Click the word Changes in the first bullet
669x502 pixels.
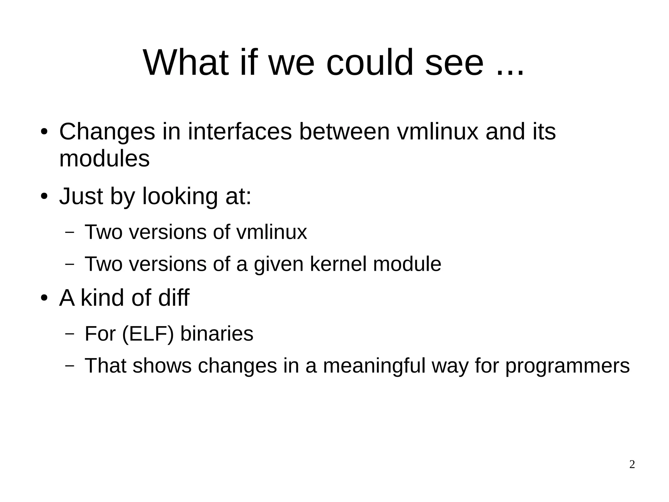click(107, 132)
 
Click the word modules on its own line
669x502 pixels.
click(104, 159)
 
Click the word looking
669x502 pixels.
click(180, 197)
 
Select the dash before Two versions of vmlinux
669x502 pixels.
click(70, 232)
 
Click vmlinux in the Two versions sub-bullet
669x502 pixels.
click(271, 232)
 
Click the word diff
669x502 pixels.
click(173, 298)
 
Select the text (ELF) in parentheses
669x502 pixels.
click(148, 334)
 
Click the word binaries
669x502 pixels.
click(217, 334)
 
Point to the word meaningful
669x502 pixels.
click(374, 366)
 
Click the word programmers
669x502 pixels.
click(567, 366)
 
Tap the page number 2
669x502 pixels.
click(632, 464)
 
